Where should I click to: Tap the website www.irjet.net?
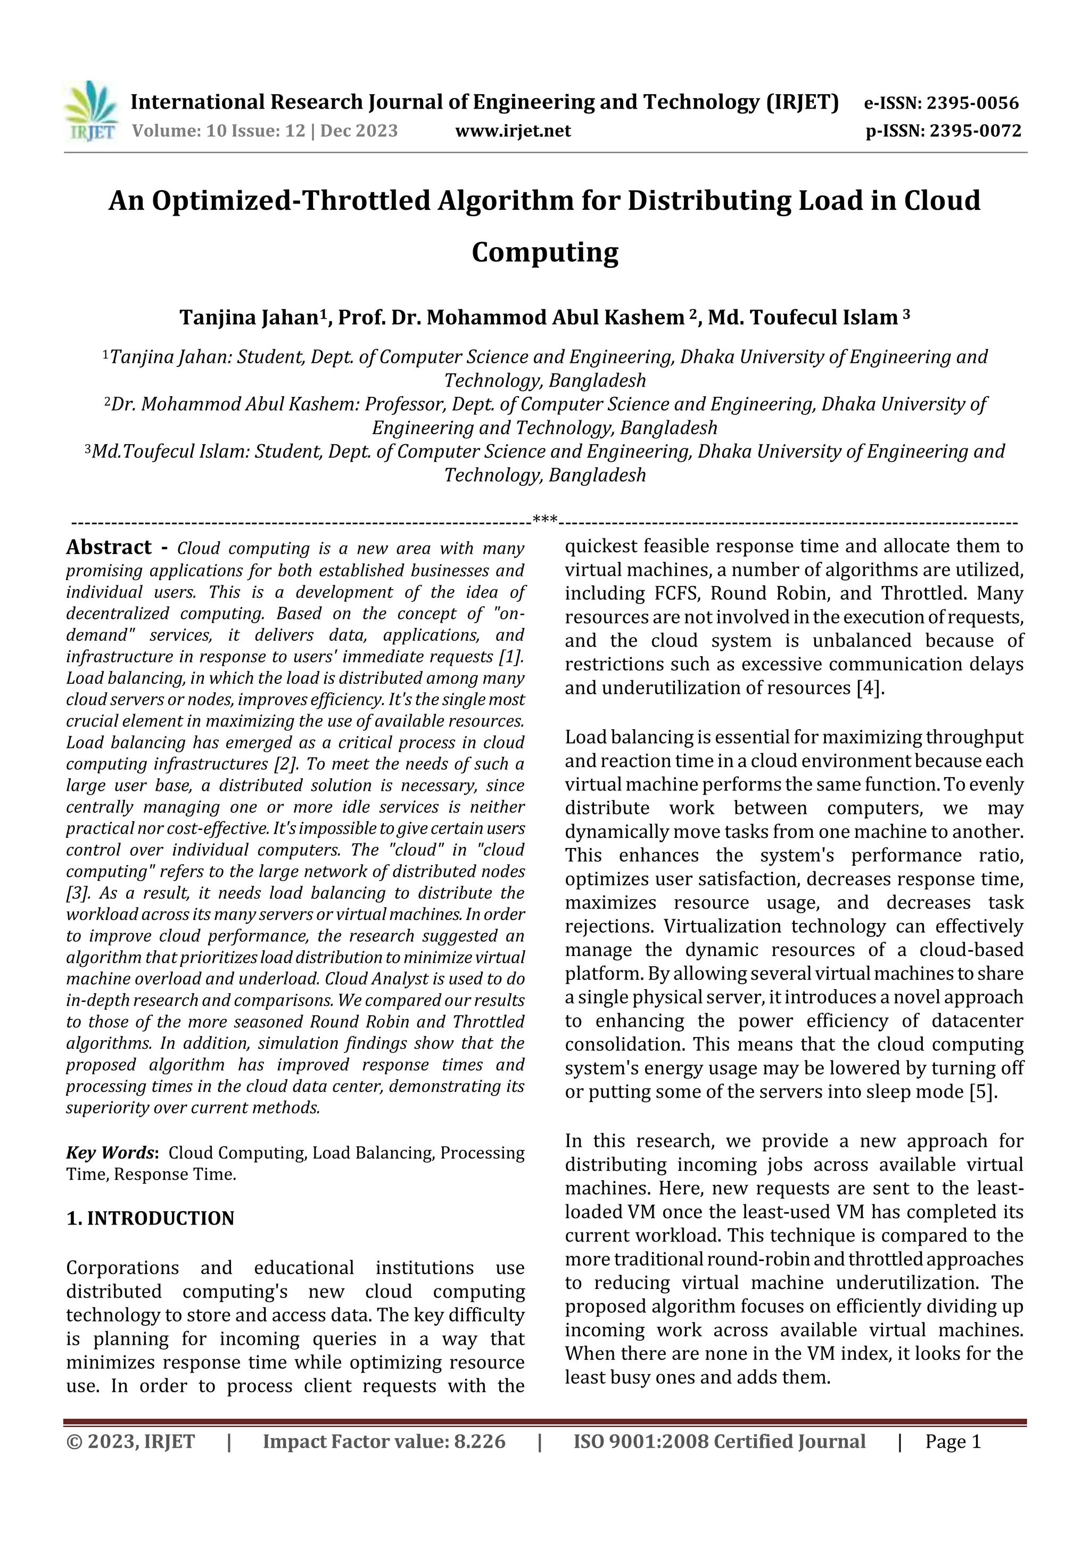pos(513,130)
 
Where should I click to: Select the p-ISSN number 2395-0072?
pos(975,130)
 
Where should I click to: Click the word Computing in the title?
pos(544,252)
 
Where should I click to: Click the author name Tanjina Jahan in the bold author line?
pos(248,317)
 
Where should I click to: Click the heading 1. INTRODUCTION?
pos(151,1219)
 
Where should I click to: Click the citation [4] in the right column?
pos(870,688)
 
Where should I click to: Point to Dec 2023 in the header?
pos(359,130)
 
